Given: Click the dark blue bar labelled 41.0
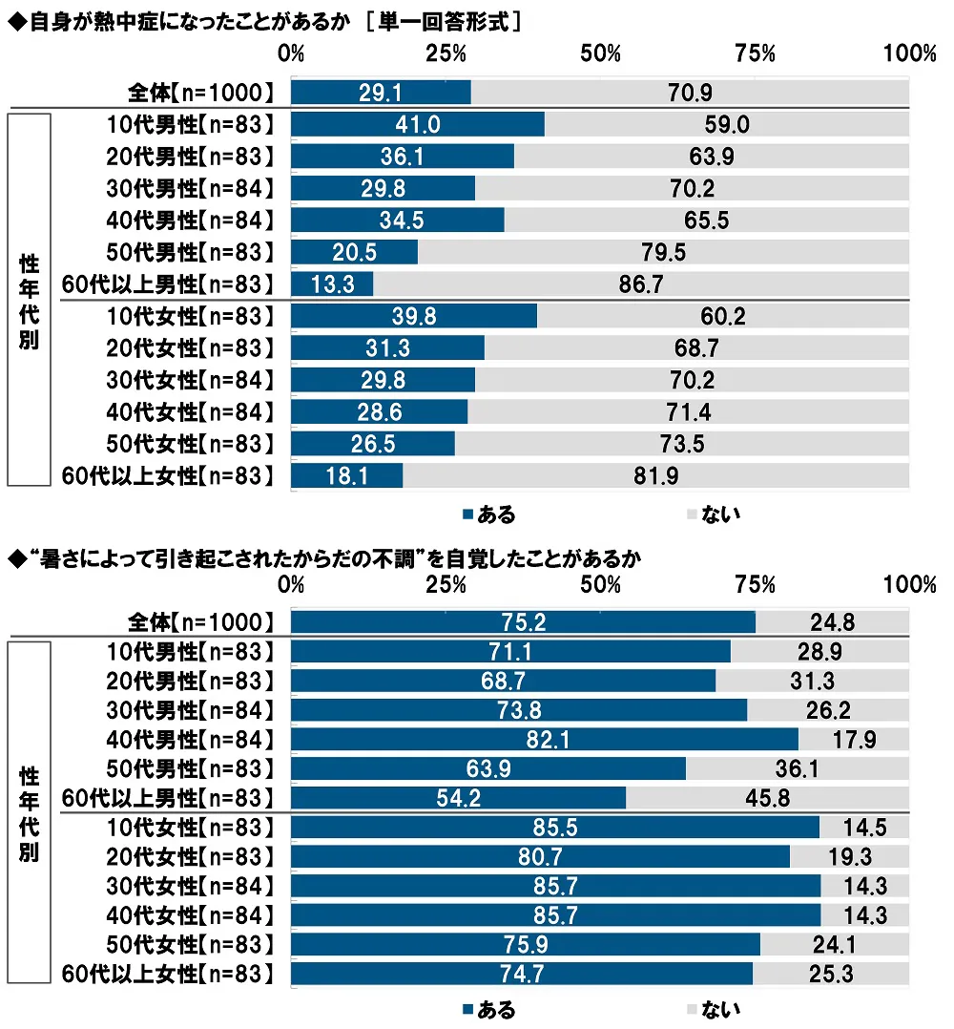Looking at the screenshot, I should tap(417, 124).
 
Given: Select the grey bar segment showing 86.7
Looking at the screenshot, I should tap(641, 284).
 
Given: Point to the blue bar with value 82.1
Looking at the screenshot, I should tap(544, 739).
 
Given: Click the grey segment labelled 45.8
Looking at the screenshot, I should tap(768, 798).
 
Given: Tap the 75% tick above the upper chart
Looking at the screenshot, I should tap(755, 53).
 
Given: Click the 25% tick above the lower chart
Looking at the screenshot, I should tap(446, 584).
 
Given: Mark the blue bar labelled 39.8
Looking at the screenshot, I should tap(413, 316).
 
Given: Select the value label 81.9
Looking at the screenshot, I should tap(655, 476).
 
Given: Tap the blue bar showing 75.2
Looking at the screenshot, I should tap(523, 622).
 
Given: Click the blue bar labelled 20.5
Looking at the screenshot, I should tap(354, 252).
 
